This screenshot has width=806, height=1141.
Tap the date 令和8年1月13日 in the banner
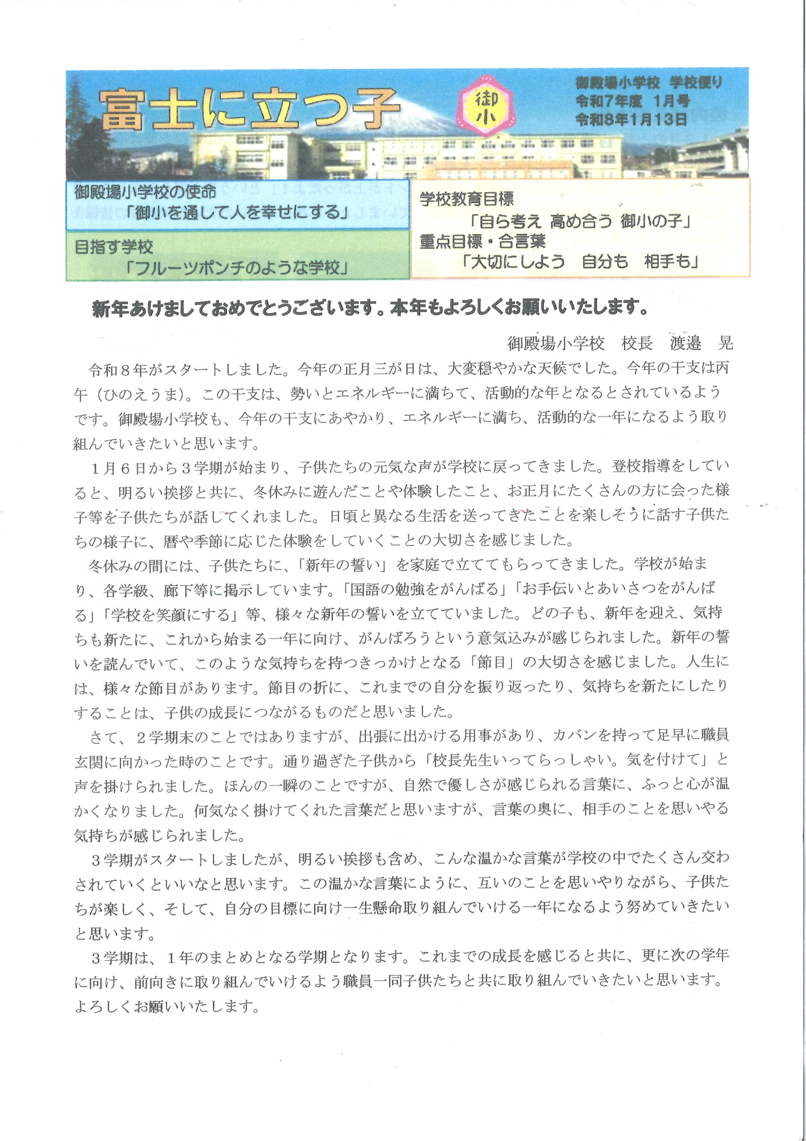631,119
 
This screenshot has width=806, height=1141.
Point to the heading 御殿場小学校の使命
145,193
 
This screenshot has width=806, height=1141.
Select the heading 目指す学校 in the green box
114,247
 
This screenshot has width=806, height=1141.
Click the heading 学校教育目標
467,199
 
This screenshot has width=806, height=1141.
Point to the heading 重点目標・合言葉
482,242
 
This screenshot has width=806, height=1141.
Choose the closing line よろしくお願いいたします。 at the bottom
167,1006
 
